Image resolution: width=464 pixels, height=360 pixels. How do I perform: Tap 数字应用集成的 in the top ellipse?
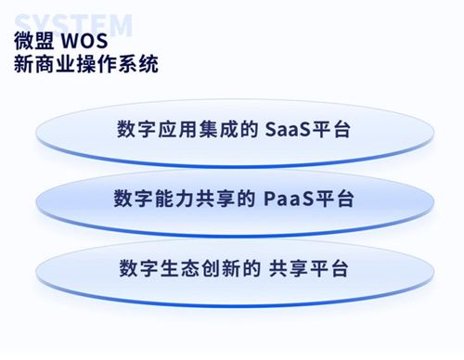point(186,127)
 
